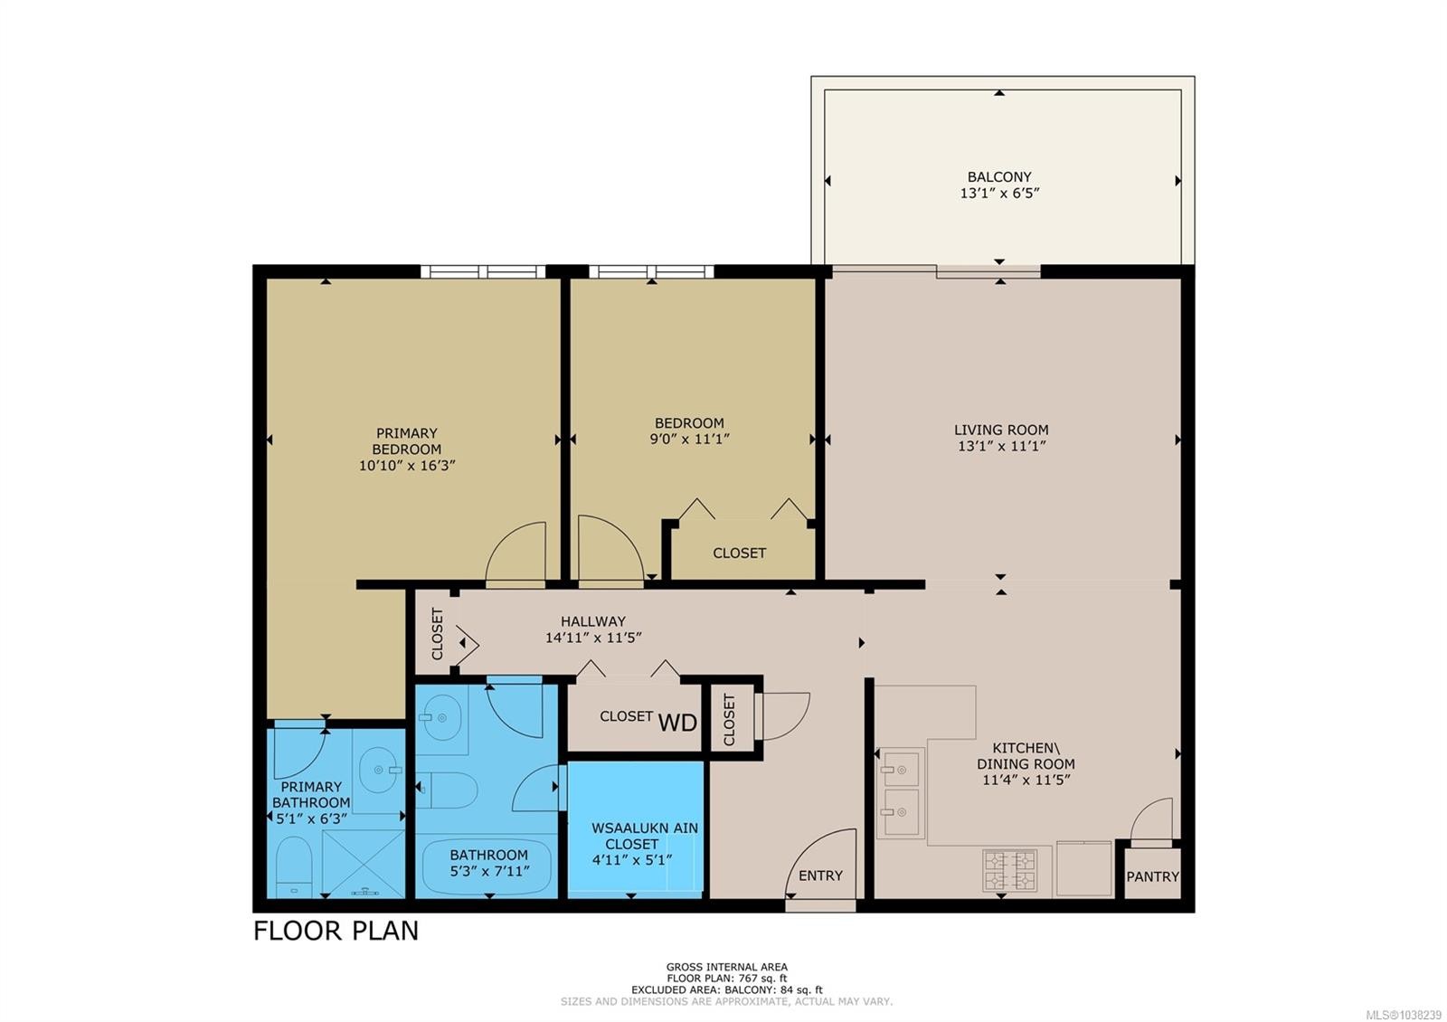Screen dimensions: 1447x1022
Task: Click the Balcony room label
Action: tap(998, 176)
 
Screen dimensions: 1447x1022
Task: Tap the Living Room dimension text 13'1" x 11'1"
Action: tap(1001, 446)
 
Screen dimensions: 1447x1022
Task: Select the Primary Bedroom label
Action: tap(407, 440)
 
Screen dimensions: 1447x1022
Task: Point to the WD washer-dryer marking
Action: tap(677, 723)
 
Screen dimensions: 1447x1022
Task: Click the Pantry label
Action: tap(1152, 876)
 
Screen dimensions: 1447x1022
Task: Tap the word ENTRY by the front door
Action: tap(820, 875)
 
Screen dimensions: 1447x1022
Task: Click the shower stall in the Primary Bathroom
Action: tap(364, 865)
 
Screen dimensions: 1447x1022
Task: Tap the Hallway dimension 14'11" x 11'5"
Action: tap(593, 638)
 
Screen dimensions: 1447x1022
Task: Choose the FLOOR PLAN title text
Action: tap(336, 931)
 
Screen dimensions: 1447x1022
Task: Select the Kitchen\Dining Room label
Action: tap(1026, 755)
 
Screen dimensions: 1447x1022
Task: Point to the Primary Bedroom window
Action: tap(483, 271)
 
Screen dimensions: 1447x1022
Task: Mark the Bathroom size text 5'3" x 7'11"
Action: tap(489, 871)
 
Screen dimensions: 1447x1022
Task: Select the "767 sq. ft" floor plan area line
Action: tap(727, 978)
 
